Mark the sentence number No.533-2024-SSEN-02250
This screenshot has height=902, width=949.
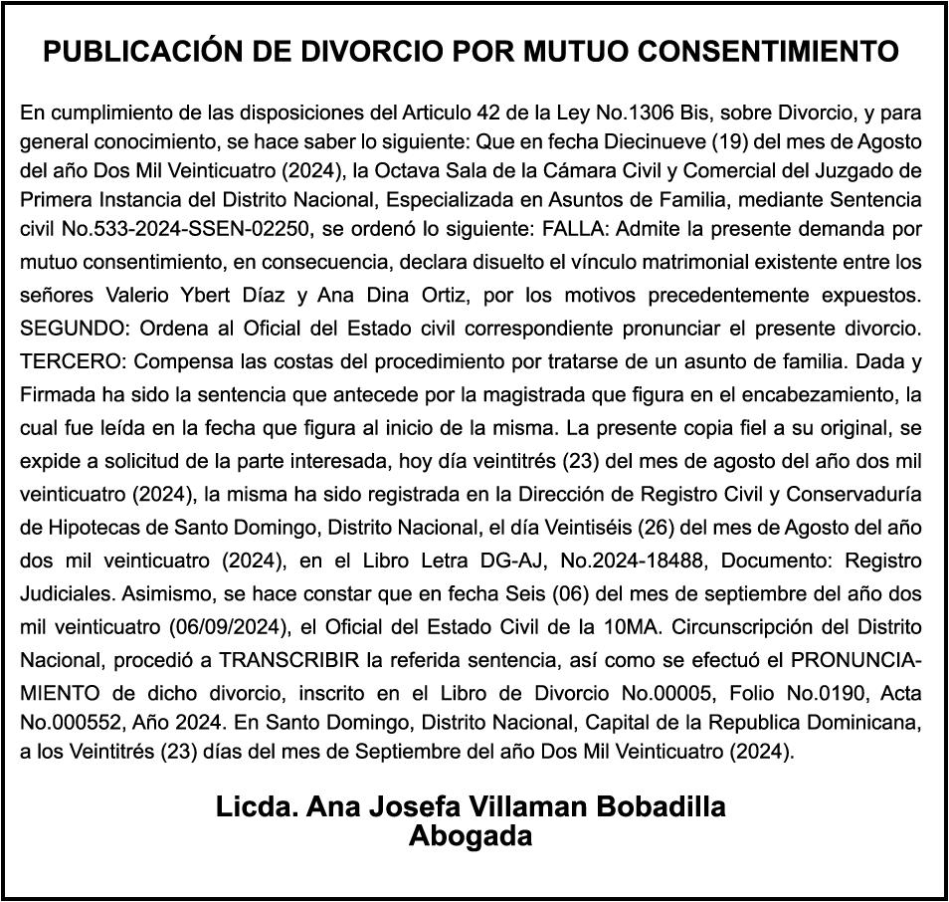tap(189, 229)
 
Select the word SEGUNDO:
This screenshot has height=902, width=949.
tap(75, 329)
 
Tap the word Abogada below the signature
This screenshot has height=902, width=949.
tap(471, 835)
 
